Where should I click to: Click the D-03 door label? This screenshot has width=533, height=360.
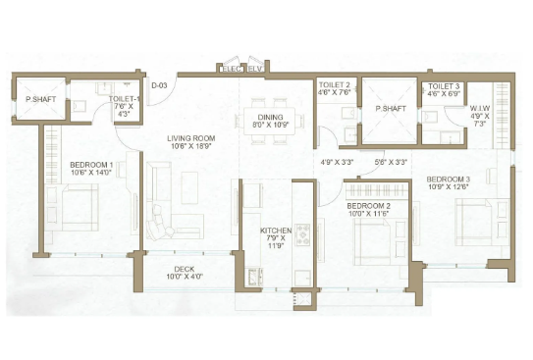[159, 85]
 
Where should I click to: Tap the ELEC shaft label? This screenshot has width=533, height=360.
[233, 70]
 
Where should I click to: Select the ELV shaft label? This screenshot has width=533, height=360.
[255, 70]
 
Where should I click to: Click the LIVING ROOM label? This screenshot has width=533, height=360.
[191, 138]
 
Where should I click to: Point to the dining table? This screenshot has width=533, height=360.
[270, 121]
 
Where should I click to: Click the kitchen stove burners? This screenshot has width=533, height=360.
[302, 234]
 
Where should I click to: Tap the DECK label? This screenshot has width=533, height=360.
[185, 269]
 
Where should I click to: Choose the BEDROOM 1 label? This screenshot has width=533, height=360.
[91, 165]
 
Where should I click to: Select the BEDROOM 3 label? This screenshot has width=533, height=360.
[449, 179]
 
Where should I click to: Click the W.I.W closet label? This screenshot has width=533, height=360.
[480, 108]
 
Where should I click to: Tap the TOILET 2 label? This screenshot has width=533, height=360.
[335, 85]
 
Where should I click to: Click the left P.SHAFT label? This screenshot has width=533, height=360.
[41, 99]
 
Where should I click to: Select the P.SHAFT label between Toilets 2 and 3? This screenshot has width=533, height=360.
[391, 109]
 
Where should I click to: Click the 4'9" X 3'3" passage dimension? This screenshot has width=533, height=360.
[338, 162]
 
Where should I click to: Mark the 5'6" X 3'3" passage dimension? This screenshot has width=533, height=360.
[391, 162]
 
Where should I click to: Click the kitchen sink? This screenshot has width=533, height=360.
[253, 278]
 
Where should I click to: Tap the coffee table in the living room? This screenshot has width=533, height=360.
[189, 187]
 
